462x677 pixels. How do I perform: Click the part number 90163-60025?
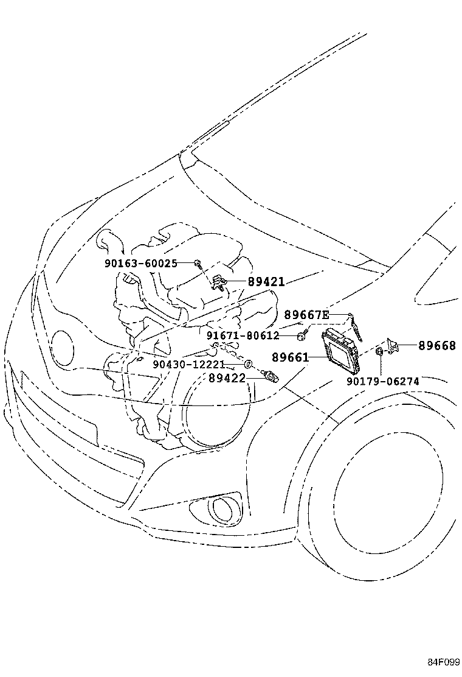pos(149,263)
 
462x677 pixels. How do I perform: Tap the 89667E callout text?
pos(306,315)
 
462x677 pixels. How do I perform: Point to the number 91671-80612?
pos(242,335)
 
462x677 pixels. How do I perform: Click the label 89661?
pos(291,357)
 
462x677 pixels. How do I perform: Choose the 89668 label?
pos(436,345)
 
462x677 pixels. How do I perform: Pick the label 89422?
pos(226,378)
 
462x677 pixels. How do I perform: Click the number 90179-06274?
pos(383,382)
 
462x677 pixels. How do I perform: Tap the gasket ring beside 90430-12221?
pos(249,364)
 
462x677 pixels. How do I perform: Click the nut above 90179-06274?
pos(379,351)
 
